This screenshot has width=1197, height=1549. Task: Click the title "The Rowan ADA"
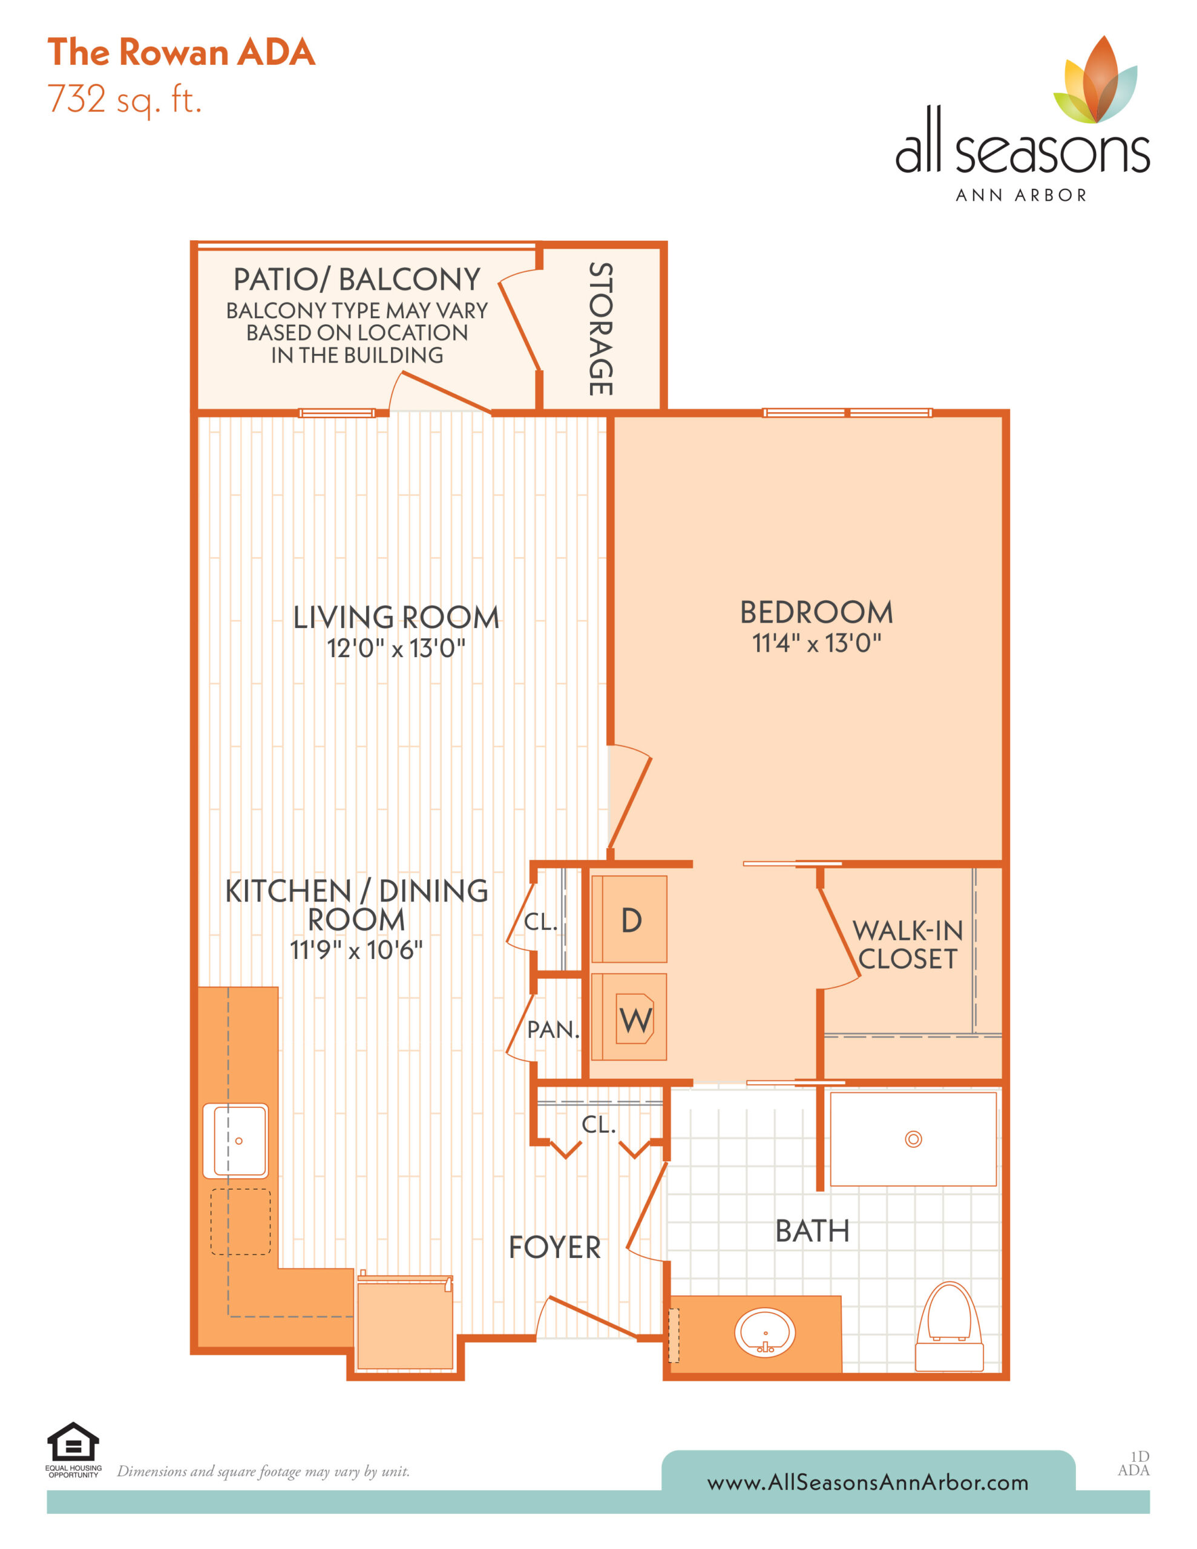181,53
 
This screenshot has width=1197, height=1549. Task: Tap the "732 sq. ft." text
125,100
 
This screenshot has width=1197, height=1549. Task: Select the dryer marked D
629,919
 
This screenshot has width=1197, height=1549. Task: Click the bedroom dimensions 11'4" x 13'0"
817,643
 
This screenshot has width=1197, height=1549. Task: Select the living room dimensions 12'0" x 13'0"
396,648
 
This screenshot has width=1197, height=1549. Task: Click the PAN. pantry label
554,1029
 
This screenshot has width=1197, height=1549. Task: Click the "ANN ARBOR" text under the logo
1021,195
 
